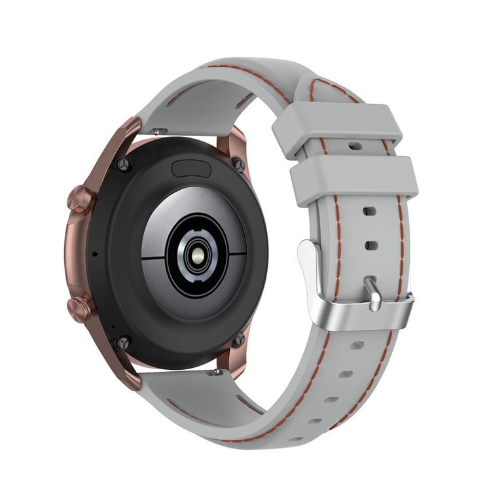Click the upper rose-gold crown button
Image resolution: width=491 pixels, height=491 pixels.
(79, 197)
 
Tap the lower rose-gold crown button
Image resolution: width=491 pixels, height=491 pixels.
(79, 308)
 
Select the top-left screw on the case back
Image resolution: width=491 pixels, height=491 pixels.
(122, 164)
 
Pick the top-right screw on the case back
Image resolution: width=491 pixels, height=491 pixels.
(240, 165)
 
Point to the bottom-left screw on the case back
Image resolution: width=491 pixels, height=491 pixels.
(122, 342)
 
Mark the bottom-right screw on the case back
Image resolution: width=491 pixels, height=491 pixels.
(240, 339)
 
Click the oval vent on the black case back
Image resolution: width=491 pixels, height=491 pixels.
(190, 169)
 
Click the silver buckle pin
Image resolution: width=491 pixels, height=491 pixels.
(374, 293)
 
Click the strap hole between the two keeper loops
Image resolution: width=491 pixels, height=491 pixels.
(354, 147)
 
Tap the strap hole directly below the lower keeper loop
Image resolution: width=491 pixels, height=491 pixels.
(369, 212)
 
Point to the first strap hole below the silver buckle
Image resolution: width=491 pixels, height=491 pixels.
(357, 345)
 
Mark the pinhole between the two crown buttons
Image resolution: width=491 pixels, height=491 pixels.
(94, 253)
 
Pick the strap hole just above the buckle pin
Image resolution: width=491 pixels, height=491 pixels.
(371, 245)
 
